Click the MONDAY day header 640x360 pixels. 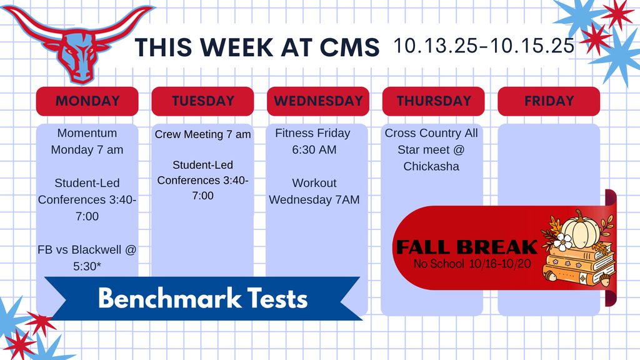87,101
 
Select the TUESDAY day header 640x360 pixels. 202,101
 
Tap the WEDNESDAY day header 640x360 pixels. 318,101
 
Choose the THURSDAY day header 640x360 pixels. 434,101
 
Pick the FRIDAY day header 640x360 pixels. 549,101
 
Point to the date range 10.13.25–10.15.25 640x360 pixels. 484,46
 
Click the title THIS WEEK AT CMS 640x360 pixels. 257,47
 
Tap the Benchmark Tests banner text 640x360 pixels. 202,299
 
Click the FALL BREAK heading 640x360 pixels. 467,247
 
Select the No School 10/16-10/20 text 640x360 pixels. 472,264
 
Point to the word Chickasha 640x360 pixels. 431,166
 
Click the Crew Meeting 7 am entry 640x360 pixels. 202,134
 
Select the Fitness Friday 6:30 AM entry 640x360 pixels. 312,141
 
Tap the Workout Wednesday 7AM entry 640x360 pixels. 314,191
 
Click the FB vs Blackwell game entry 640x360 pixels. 87,257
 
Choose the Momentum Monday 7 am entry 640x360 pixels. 87,141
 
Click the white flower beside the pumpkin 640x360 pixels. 562,242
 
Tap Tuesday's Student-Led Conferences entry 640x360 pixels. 202,180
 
